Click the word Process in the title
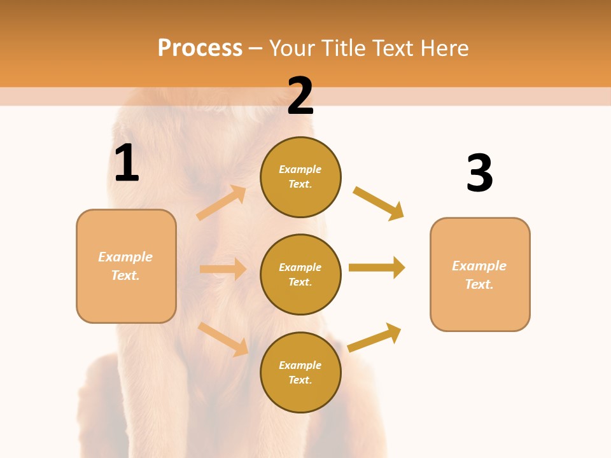click(200, 48)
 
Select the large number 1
click(127, 163)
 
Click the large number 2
click(300, 97)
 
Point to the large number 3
click(479, 174)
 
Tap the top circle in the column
click(300, 177)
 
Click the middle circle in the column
click(300, 274)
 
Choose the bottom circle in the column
click(300, 372)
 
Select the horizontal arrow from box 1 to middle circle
click(223, 269)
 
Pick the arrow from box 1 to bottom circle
click(223, 339)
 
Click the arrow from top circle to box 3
click(379, 203)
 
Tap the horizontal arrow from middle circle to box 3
click(377, 268)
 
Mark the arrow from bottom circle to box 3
click(375, 337)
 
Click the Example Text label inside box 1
click(125, 266)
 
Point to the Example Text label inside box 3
click(479, 275)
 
